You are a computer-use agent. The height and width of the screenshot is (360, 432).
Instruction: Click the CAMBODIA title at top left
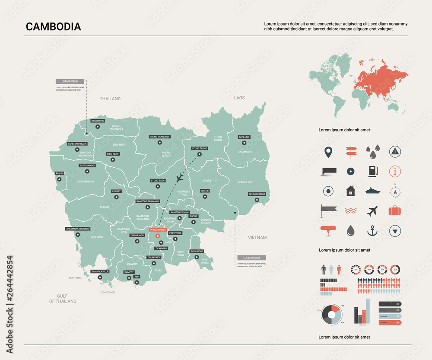click(53, 27)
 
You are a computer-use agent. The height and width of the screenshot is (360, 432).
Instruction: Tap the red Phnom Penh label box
click(157, 229)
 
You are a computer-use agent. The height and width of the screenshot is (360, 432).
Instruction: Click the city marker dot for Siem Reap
click(113, 159)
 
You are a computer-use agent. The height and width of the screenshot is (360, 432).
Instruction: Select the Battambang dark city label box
click(87, 166)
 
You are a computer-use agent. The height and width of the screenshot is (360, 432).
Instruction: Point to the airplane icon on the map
click(181, 178)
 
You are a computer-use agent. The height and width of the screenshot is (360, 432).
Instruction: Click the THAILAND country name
click(110, 99)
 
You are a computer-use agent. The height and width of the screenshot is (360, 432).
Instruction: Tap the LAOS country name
click(239, 98)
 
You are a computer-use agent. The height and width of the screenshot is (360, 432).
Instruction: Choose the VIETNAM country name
click(257, 237)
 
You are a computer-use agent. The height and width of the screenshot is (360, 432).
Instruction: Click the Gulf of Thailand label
click(63, 298)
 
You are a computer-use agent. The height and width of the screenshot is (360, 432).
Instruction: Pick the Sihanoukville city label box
click(100, 271)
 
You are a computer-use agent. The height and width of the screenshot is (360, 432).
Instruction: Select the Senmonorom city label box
click(257, 194)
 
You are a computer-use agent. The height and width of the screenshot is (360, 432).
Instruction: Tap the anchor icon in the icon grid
click(372, 231)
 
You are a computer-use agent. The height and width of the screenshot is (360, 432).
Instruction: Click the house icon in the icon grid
click(350, 191)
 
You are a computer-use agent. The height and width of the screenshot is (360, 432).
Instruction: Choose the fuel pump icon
click(372, 171)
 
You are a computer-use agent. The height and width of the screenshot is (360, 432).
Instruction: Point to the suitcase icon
click(394, 210)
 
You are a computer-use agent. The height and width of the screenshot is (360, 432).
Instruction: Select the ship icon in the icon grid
click(372, 191)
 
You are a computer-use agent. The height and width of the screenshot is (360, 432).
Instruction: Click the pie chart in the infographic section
click(332, 314)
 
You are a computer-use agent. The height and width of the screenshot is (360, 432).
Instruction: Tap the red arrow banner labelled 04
click(390, 322)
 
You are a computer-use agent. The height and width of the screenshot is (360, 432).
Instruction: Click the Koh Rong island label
click(75, 278)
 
